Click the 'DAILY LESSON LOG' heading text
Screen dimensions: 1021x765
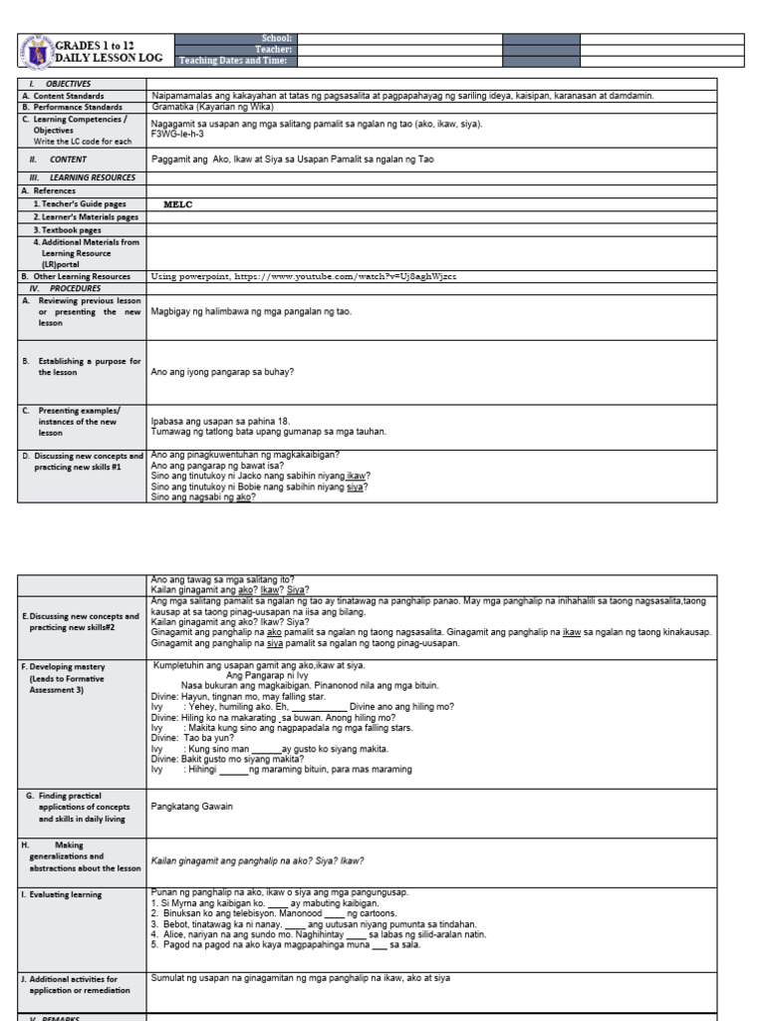pyautogui.click(x=109, y=59)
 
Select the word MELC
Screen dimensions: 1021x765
pyautogui.click(x=177, y=204)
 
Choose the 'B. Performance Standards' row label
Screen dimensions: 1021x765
pyautogui.click(x=72, y=107)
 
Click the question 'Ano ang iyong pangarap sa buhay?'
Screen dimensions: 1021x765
pyautogui.click(x=222, y=372)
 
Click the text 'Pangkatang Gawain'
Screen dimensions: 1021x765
pyautogui.click(x=191, y=807)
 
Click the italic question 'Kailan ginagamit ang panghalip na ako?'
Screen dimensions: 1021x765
pyautogui.click(x=257, y=860)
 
